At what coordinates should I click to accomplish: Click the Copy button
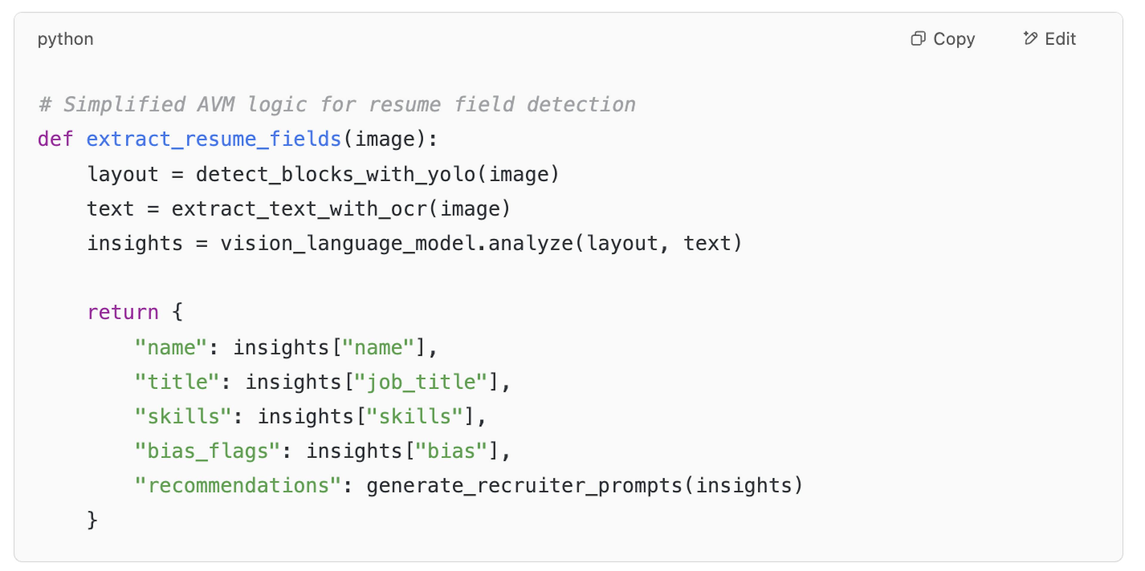pos(943,39)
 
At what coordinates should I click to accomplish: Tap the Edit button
pos(1050,39)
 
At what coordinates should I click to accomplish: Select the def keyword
pos(55,139)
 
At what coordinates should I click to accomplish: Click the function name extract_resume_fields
pos(214,139)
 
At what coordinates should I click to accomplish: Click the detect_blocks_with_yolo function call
pos(335,174)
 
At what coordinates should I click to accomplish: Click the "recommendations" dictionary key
pos(238,485)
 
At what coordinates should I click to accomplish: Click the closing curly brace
pos(92,520)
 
